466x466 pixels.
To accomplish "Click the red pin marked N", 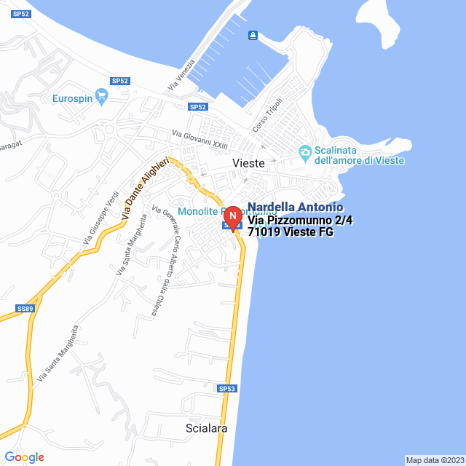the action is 232,217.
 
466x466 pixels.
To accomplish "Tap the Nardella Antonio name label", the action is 295,208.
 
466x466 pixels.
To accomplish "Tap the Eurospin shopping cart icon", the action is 101,96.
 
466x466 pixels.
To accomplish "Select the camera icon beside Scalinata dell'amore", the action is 305,151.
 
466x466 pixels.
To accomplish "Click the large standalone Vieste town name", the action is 248,164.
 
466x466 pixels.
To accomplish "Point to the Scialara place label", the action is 207,428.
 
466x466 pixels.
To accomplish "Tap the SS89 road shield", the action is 25,309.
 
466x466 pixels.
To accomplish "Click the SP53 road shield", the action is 228,389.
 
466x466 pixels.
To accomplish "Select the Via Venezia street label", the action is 182,75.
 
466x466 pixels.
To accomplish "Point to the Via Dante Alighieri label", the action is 145,189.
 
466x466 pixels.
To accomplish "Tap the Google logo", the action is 25,457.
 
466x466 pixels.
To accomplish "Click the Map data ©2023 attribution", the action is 434,460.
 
